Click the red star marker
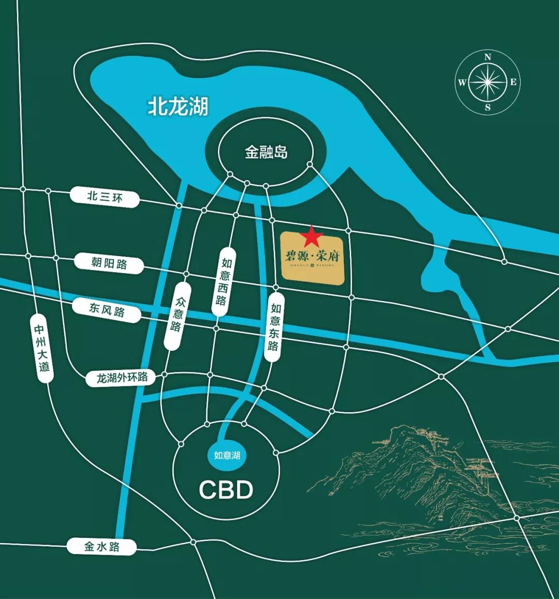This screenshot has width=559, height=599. tap(312, 237)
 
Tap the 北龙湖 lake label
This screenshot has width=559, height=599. tap(178, 107)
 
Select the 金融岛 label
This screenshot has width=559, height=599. tap(266, 153)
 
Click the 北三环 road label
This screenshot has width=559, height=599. tap(105, 197)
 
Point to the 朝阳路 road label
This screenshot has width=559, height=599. tap(109, 263)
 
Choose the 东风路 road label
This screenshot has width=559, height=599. tap(107, 310)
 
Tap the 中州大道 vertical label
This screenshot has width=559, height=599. tap(42, 348)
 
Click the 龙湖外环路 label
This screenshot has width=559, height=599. tap(122, 378)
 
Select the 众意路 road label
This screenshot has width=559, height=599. tap(177, 315)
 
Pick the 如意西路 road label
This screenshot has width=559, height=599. tap(223, 282)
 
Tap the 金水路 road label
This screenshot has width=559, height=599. tap(101, 546)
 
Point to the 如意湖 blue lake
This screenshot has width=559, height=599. tap(227, 455)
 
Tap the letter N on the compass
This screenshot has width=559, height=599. tap(488, 57)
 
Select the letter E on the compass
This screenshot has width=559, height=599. tap(513, 82)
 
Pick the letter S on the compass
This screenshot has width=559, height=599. tap(488, 108)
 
